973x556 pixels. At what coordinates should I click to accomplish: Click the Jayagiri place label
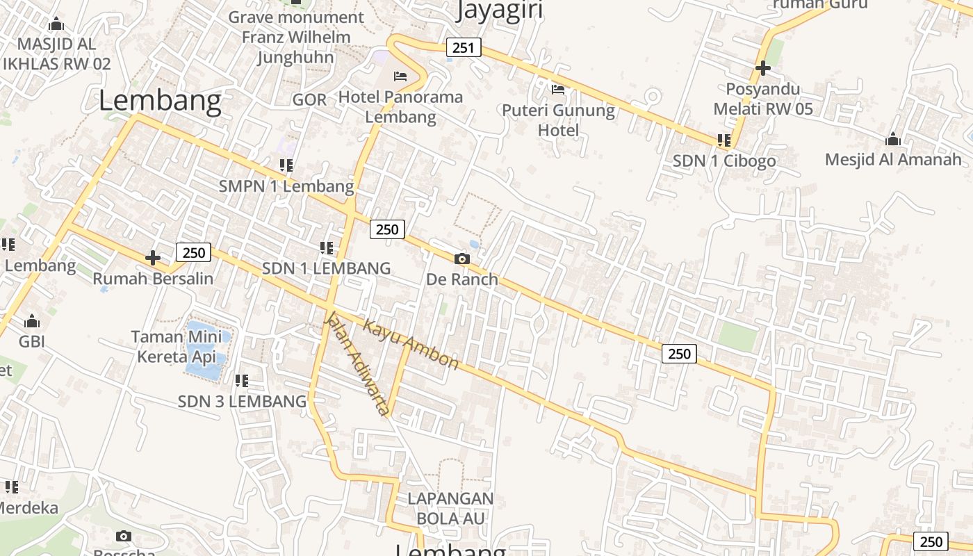(x=499, y=10)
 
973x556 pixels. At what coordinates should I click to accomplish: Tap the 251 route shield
(x=463, y=47)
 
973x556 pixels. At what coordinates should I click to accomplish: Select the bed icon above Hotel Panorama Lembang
(x=400, y=76)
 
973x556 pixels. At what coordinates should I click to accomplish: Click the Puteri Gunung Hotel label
(x=558, y=120)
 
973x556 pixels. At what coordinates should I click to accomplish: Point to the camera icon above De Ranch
(x=461, y=259)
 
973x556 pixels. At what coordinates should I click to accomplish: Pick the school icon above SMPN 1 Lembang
(x=286, y=165)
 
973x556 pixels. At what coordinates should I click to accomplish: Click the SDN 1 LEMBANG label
(x=326, y=268)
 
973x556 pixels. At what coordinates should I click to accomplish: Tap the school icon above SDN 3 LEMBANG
(x=242, y=381)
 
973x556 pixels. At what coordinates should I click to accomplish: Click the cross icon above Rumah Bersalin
(x=153, y=258)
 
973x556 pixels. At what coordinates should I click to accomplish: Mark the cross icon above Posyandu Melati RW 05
(x=762, y=68)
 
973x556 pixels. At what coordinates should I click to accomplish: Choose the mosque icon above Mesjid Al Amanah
(x=893, y=140)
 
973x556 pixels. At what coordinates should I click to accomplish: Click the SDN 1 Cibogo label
(x=723, y=161)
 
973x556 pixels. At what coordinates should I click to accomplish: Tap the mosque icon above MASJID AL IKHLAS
(x=56, y=24)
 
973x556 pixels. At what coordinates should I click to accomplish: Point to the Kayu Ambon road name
(x=411, y=345)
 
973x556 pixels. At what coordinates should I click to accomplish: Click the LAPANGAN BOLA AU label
(x=450, y=508)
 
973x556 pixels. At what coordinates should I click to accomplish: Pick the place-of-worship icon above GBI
(x=32, y=322)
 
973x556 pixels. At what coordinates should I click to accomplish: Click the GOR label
(x=309, y=99)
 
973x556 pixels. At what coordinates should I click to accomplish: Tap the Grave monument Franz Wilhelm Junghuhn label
(x=296, y=37)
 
